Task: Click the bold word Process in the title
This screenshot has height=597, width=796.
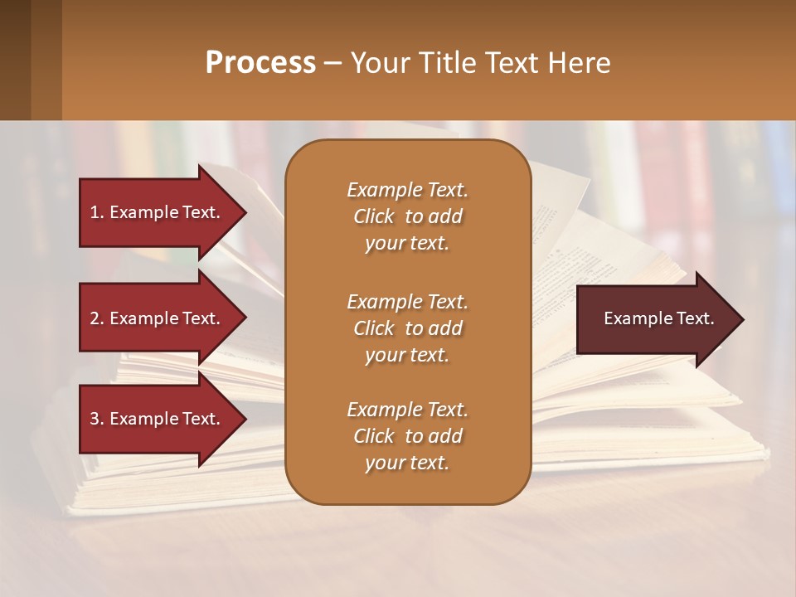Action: pos(260,63)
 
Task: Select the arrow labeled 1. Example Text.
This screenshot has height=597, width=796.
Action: pos(155,212)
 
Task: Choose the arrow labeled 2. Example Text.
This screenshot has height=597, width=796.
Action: pos(155,318)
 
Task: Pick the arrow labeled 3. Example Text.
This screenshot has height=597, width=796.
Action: pos(155,419)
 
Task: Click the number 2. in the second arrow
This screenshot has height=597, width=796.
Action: pos(97,318)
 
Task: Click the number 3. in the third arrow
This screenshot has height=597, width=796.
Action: pos(97,419)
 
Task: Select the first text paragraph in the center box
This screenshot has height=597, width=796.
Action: pos(407,216)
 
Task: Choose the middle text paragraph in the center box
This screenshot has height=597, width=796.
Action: pos(407,328)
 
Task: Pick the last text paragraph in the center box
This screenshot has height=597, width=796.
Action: pos(407,436)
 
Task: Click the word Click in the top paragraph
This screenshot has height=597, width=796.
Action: pos(374,217)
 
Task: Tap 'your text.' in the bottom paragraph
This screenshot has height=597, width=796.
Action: pos(407,463)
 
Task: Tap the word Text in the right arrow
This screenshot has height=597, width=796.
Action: pos(695,319)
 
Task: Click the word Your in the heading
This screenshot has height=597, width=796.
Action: pos(379,63)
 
